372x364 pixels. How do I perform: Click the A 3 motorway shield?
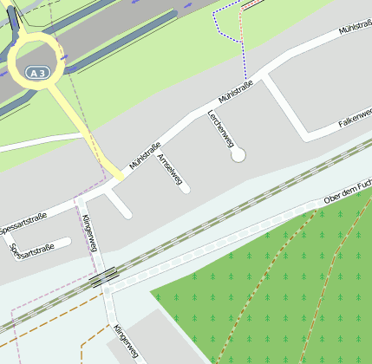36,74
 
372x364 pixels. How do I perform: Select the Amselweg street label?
170,170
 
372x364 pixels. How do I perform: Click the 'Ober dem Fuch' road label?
347,194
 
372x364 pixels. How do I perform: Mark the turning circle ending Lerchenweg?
238,154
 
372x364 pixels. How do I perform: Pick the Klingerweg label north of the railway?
88,232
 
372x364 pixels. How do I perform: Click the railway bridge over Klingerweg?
103,277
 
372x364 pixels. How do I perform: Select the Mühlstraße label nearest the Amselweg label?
144,154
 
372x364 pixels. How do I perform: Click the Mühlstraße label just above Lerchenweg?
235,91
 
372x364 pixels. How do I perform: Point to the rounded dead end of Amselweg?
185,189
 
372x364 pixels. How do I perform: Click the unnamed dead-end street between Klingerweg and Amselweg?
119,205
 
